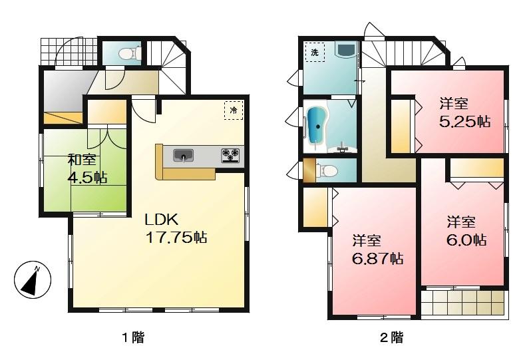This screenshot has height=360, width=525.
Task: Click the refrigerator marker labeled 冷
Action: click(x=234, y=109)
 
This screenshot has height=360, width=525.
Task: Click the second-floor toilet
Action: click(x=325, y=171)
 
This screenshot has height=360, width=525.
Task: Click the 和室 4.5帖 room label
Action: click(x=85, y=168)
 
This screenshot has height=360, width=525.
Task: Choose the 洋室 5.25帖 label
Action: click(x=464, y=112)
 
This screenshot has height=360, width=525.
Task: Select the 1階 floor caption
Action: click(x=132, y=337)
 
